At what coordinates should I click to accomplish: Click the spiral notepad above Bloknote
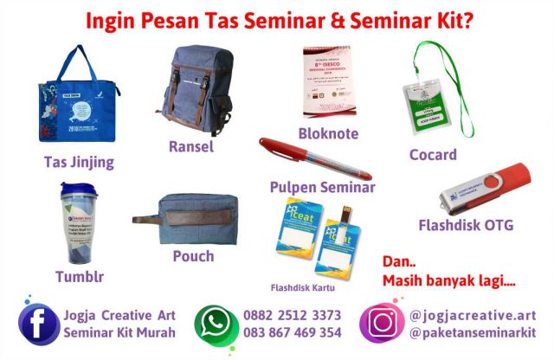pos(326,80)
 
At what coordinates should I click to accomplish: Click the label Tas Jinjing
pos(79,162)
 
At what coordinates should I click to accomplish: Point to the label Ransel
pos(190,146)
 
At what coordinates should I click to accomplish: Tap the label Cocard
pos(433,155)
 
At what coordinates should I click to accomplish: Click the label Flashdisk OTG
pos(466,226)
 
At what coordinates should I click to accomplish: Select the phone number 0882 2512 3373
pos(293,315)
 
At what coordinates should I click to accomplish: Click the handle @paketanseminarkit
pos(473,332)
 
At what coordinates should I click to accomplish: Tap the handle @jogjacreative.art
pos(473,315)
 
